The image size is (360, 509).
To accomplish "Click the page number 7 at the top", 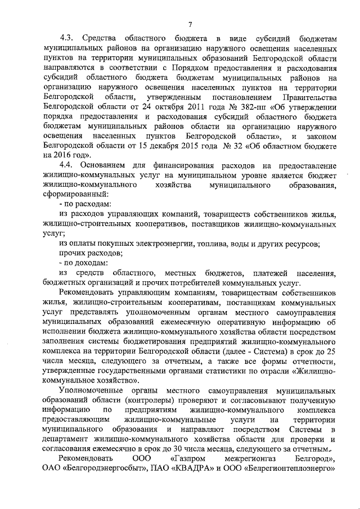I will pyautogui.click(x=190, y=23).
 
